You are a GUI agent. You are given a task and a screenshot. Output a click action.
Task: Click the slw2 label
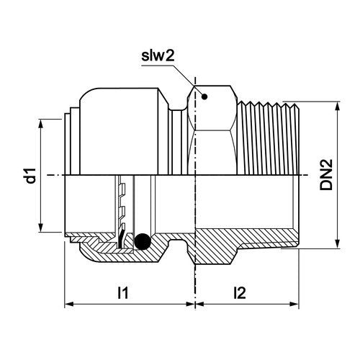[158, 56]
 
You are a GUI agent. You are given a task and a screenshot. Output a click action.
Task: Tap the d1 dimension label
[31, 176]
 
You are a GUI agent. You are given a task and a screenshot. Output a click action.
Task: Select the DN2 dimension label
[326, 174]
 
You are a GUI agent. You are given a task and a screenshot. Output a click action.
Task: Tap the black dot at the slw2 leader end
[204, 96]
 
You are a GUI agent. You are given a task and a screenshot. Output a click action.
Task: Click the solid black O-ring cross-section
[143, 241]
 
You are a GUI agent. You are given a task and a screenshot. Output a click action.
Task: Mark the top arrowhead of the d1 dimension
[41, 124]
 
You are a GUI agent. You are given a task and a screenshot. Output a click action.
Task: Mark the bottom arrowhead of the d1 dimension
[41, 228]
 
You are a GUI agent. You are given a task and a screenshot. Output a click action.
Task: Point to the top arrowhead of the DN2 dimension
[338, 107]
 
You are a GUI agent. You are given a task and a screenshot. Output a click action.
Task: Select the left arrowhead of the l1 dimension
[69, 304]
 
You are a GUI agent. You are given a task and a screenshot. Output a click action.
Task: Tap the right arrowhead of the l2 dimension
[294, 304]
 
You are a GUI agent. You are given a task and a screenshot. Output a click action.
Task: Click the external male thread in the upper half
[269, 138]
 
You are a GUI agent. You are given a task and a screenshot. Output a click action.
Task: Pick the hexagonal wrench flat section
[212, 130]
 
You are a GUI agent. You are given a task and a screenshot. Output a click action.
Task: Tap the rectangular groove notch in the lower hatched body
[178, 245]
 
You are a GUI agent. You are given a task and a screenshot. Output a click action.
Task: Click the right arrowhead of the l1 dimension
[189, 304]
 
